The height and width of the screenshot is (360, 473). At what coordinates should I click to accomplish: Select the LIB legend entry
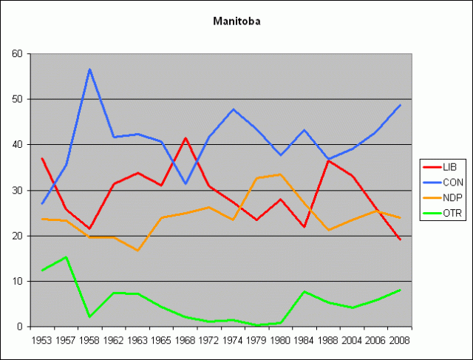[x=443, y=167]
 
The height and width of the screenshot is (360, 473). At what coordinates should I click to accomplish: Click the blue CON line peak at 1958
[x=89, y=69]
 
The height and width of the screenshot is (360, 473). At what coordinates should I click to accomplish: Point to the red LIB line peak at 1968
[x=185, y=138]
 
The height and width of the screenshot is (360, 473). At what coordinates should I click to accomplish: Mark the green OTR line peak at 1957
[x=66, y=257]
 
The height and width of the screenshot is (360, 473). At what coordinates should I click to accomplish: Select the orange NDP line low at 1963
[x=137, y=251]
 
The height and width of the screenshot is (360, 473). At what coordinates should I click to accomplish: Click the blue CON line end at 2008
[x=400, y=105]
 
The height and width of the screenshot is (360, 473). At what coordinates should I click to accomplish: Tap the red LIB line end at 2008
[x=400, y=240]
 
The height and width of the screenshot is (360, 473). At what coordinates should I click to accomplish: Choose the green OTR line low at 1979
[x=256, y=325]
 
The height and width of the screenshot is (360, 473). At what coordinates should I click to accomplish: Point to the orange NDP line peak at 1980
[x=280, y=174]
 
